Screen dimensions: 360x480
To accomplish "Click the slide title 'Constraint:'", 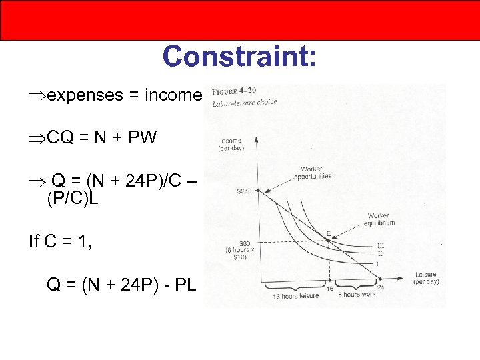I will click(239, 56).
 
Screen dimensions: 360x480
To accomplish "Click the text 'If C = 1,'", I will click(61, 241).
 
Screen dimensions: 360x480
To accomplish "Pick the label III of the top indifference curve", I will click(381, 245).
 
